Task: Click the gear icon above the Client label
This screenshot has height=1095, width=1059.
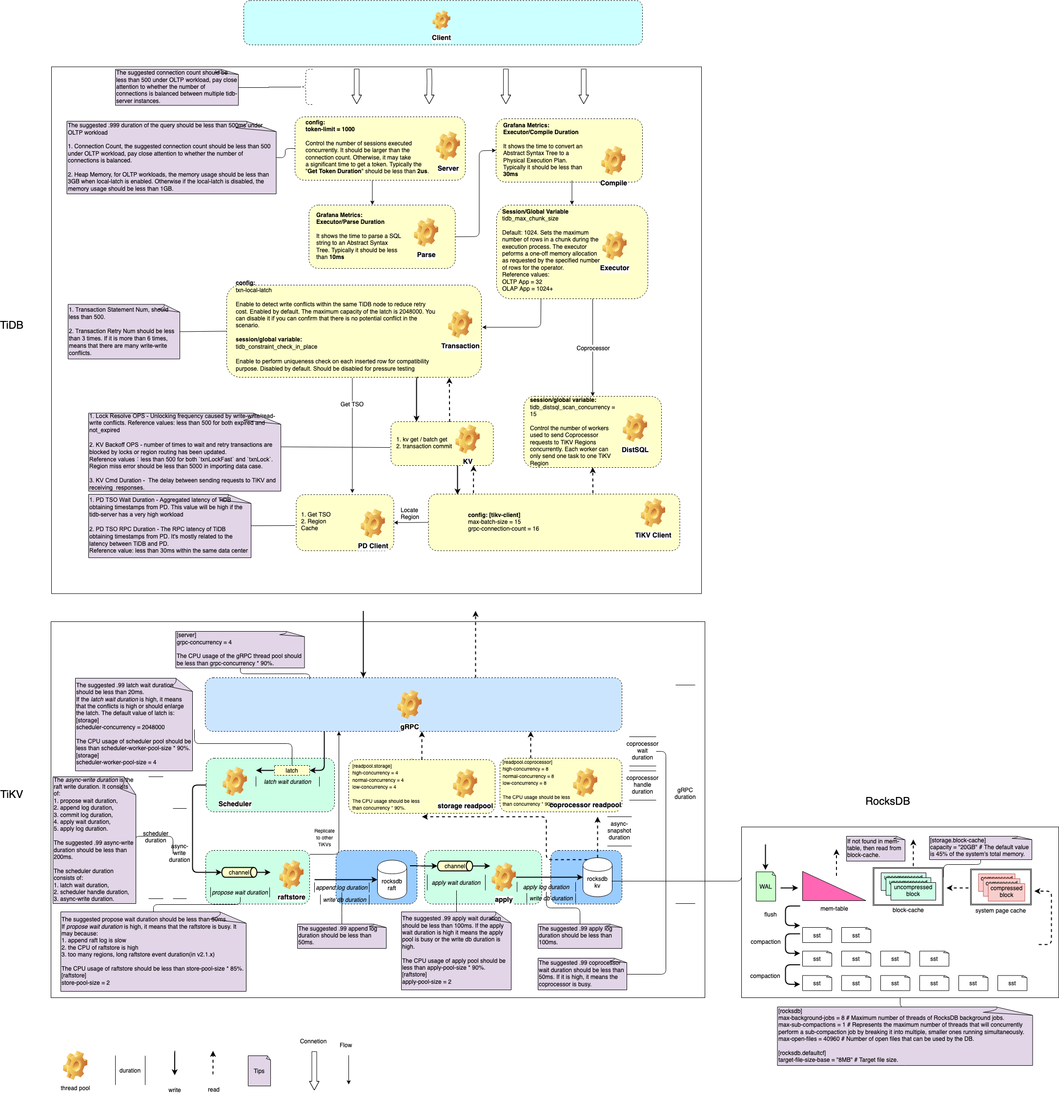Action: click(441, 20)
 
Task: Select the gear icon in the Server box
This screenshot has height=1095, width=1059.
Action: click(448, 146)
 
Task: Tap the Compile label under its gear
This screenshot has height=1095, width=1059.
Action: click(613, 183)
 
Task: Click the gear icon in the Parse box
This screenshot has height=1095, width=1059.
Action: click(426, 232)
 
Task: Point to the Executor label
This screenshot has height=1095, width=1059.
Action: click(614, 268)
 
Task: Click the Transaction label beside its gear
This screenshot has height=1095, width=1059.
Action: click(460, 346)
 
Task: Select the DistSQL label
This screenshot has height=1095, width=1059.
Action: click(635, 450)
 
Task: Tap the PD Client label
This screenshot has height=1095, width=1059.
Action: click(373, 546)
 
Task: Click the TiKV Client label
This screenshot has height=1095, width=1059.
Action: click(652, 535)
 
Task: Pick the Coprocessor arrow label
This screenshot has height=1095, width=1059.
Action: click(593, 348)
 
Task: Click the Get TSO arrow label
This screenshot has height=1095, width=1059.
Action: click(351, 404)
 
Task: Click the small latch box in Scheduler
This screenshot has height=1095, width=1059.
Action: click(292, 771)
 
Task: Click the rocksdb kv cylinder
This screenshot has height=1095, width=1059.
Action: click(597, 876)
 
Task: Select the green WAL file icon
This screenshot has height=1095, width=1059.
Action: click(765, 886)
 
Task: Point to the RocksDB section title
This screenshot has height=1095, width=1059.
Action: click(887, 801)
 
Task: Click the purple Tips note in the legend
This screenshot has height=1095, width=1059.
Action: click(259, 1071)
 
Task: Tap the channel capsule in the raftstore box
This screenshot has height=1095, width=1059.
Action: click(239, 872)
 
